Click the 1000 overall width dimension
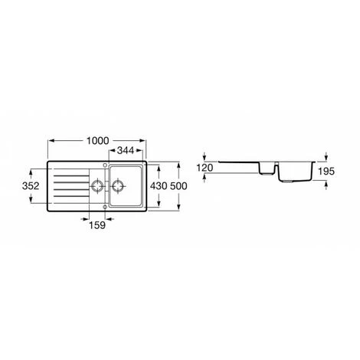click(x=98, y=141)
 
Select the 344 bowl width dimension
click(x=126, y=151)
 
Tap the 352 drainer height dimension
click(x=31, y=186)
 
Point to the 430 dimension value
click(x=159, y=186)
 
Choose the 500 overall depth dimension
click(x=178, y=186)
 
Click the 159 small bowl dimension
click(x=97, y=225)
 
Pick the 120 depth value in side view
click(x=205, y=168)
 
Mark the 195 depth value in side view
click(x=326, y=172)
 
